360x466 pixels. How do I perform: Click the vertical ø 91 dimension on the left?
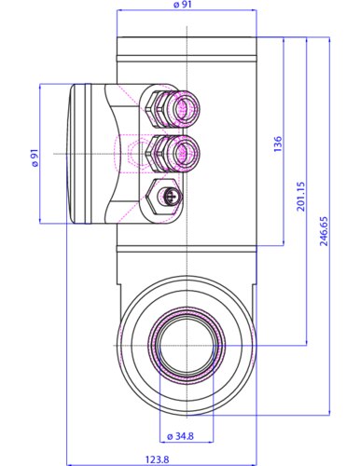(x=35, y=154)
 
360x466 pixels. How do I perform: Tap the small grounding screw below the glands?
(x=169, y=198)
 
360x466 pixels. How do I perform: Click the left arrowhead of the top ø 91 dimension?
(x=118, y=15)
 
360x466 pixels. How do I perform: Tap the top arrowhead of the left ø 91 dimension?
(x=40, y=86)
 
